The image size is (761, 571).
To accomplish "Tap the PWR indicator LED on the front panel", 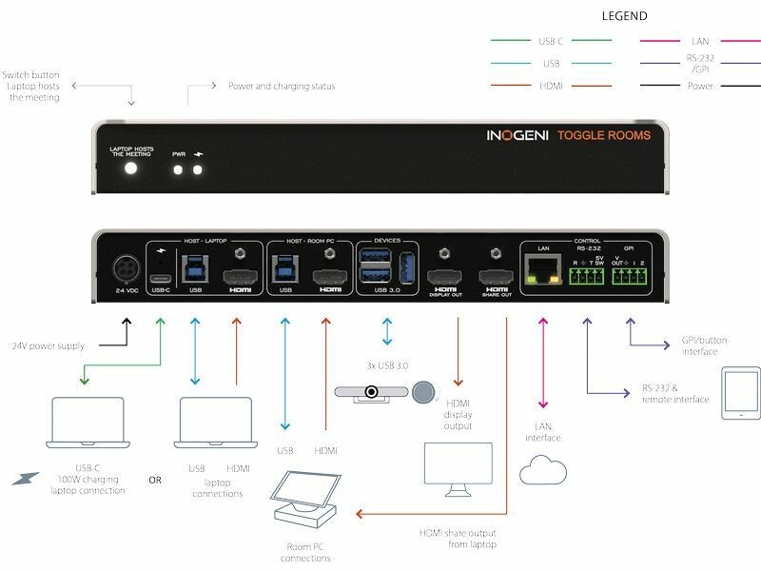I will pos(179,169).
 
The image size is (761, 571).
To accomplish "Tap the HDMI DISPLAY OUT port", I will pos(444,276).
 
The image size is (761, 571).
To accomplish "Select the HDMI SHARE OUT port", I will pos(495,276).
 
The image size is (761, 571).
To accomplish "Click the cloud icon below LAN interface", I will pos(543,470).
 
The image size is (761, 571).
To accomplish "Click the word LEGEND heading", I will pos(625,16).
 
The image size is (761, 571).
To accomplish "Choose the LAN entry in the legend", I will pos(700,41).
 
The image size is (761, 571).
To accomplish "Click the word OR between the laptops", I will pos(155,479).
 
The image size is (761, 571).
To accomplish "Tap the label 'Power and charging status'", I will pos(282,87).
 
